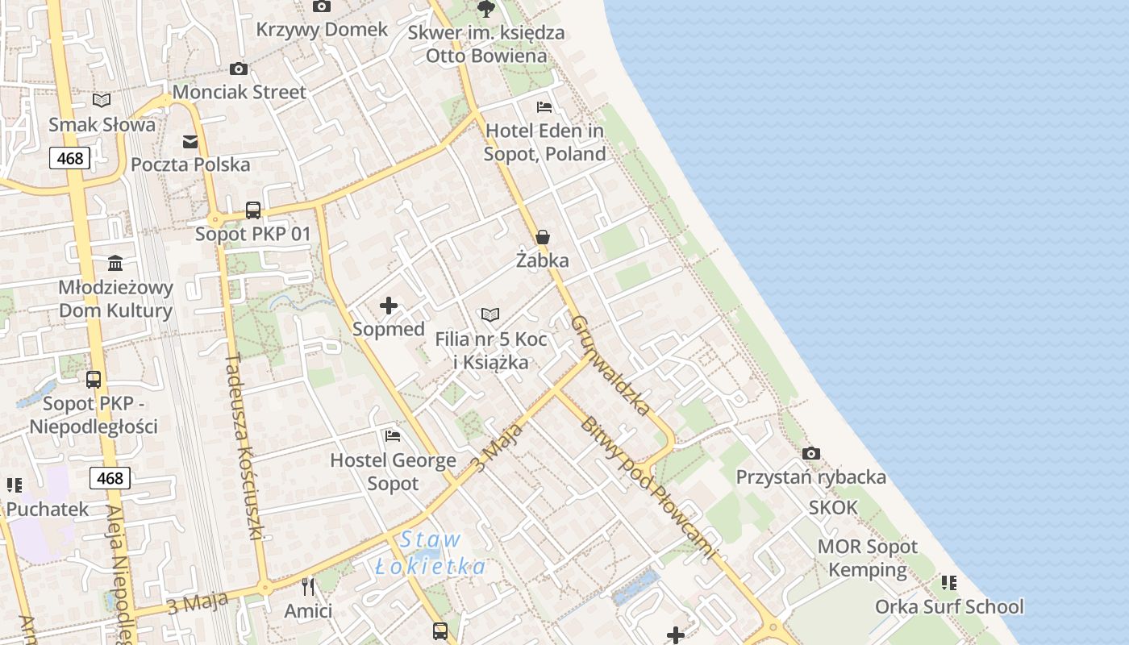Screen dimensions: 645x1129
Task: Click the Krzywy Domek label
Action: (x=322, y=30)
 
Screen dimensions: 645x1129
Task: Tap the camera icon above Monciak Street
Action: (x=238, y=69)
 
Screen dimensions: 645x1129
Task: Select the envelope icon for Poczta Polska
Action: (x=190, y=142)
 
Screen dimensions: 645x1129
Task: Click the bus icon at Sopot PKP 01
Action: (x=253, y=210)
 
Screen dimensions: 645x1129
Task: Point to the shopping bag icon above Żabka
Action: (x=543, y=237)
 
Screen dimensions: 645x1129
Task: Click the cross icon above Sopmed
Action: (x=389, y=306)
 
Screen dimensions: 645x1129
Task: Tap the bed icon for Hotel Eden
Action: (x=544, y=107)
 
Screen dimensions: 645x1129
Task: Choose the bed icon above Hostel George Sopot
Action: (x=393, y=436)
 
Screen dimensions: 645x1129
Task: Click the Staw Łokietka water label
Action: (x=431, y=553)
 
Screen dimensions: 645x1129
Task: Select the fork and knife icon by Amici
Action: (x=307, y=586)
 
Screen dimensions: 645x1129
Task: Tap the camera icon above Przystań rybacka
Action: (x=811, y=453)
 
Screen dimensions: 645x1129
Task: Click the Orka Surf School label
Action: (x=949, y=606)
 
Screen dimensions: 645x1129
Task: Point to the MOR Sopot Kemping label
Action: (x=868, y=558)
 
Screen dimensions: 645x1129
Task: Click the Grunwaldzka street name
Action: (x=610, y=365)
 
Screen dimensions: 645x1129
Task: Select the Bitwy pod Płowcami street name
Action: (x=648, y=488)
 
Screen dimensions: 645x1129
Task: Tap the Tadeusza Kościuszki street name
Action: (x=245, y=447)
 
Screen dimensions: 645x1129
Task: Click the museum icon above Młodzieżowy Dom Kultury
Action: (x=115, y=264)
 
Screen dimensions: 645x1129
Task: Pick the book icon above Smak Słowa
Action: (x=102, y=100)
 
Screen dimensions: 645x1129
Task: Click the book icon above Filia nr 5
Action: (x=490, y=314)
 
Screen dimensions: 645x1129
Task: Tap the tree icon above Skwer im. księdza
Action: (x=485, y=9)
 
